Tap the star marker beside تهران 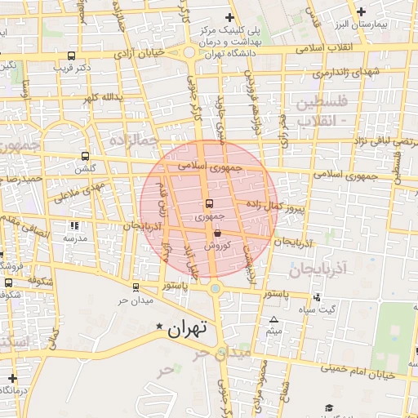tap(160, 327)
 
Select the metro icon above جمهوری tap(209, 203)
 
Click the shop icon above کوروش tap(216, 232)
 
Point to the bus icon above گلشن tap(86, 156)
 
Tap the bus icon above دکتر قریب tap(73, 56)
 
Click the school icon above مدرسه tap(75, 225)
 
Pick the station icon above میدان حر tap(135, 287)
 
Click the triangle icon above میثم tap(274, 319)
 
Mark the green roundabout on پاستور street tap(215, 287)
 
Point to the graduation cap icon tap(329, 407)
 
